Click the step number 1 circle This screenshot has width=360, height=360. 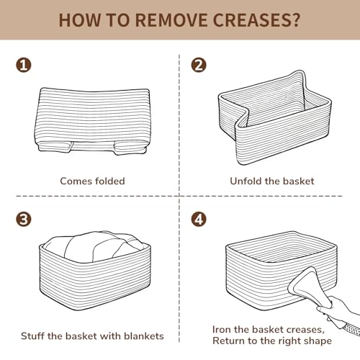pos(24,65)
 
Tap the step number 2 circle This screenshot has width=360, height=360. pos(199,65)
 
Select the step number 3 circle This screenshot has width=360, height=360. pos(24,219)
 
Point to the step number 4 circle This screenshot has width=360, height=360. pos(199,219)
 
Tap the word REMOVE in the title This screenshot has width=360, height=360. pos(171,20)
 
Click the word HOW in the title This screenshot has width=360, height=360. pos(80,20)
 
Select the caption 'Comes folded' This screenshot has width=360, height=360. pos(92,181)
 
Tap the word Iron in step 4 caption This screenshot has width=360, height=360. pos(222,330)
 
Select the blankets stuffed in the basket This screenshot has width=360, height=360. pos(95,246)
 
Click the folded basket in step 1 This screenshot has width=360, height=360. pos(93,121)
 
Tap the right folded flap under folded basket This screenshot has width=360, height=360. pos(130,148)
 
